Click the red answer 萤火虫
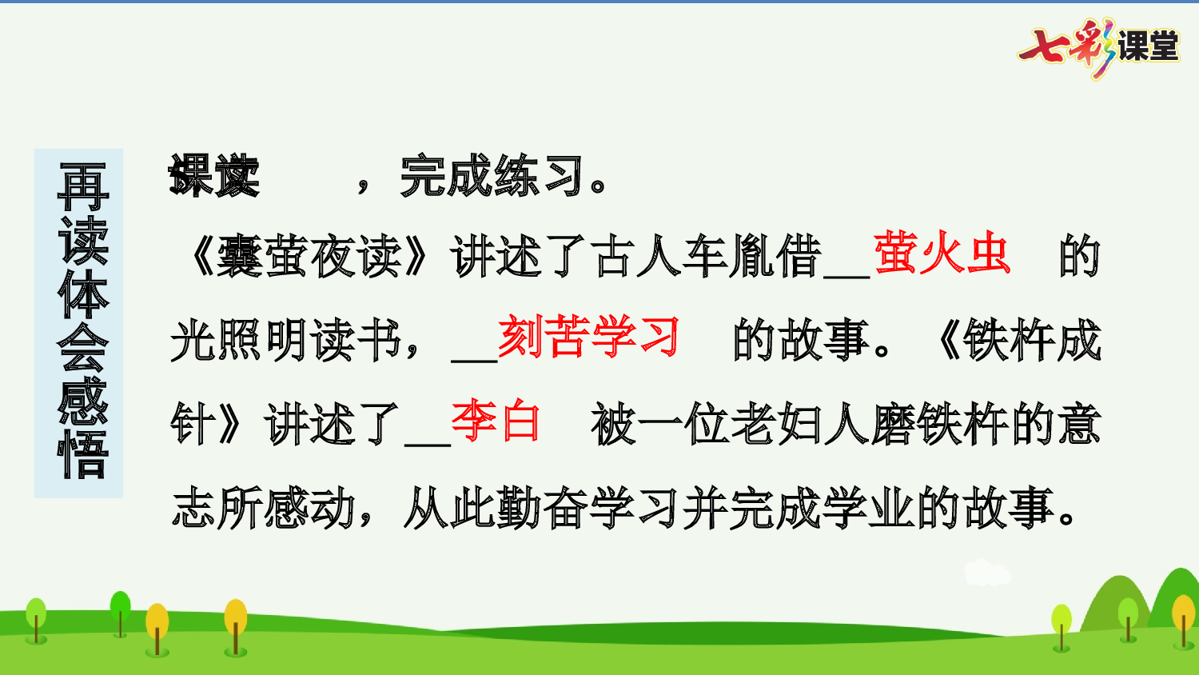point(942,254)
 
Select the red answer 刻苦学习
point(588,337)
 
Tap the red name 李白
point(496,421)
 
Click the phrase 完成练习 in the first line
point(492,176)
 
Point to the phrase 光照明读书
point(285,341)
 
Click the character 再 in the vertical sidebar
point(82,188)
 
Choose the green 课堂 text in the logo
point(1148,46)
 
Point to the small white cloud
point(986,573)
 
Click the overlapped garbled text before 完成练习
point(214,176)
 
